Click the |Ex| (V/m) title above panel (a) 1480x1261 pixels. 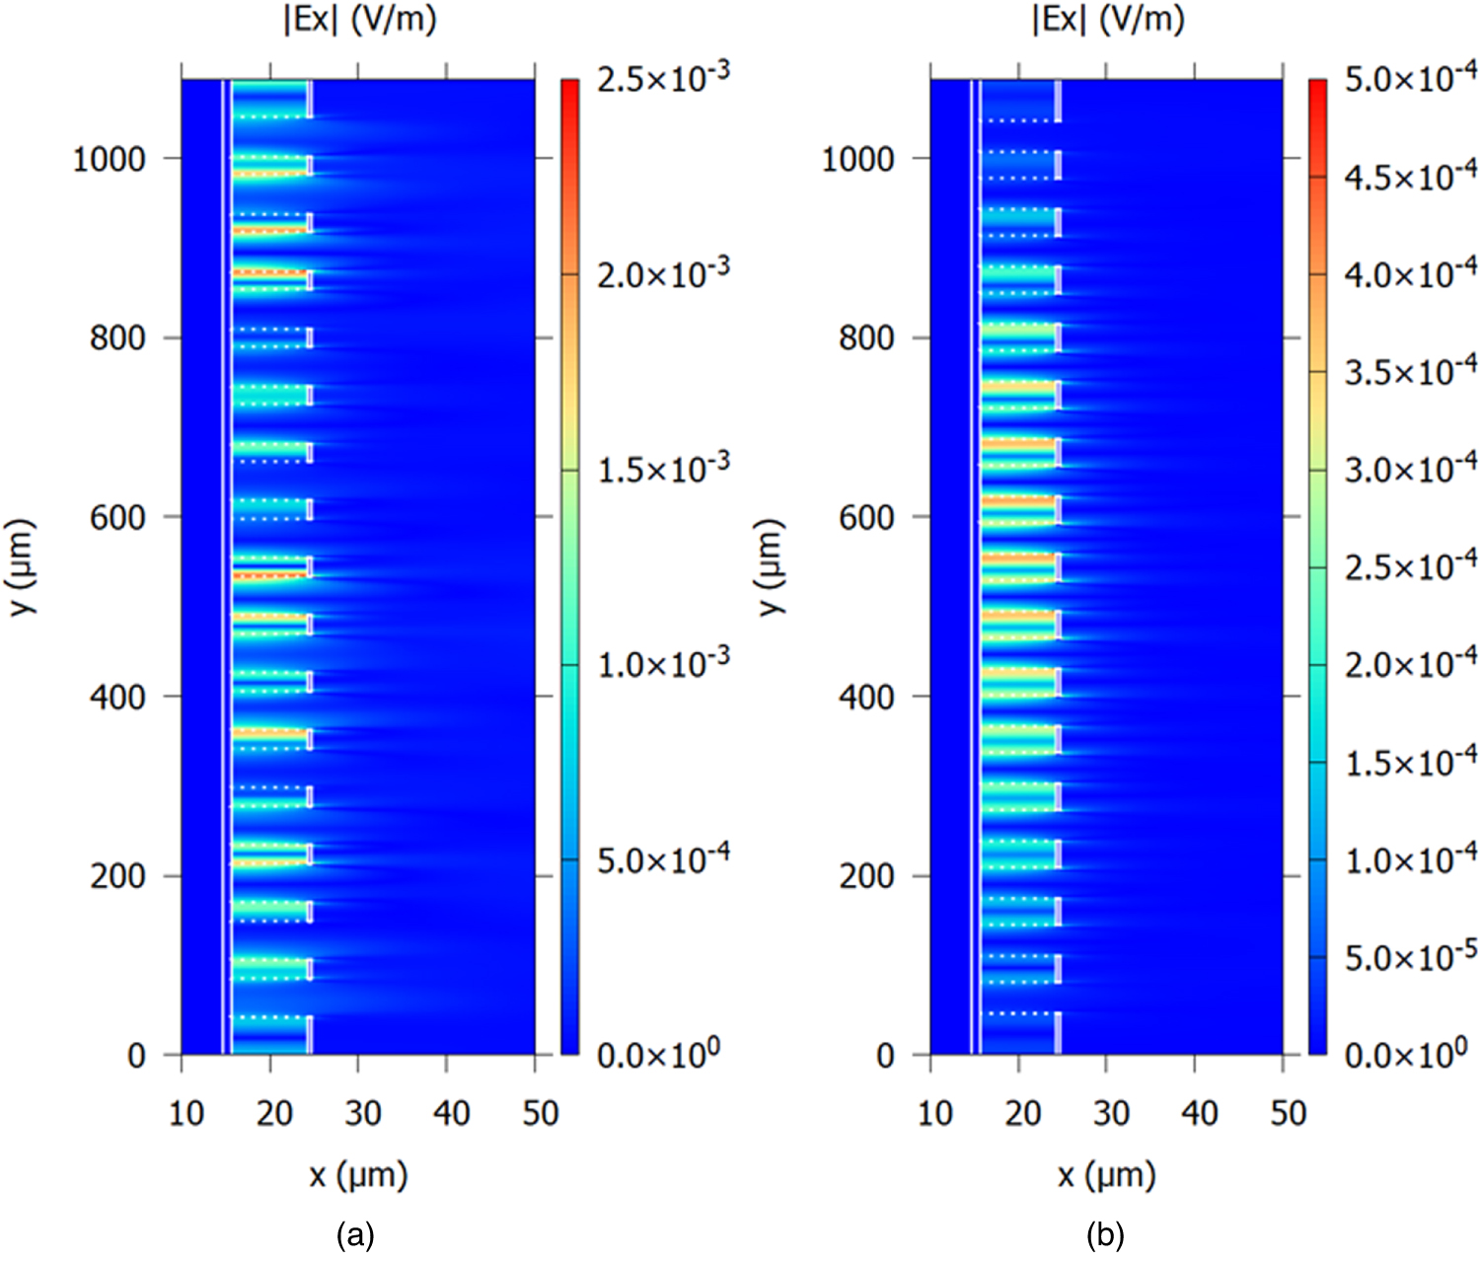pos(359,20)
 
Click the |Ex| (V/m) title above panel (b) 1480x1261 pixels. pos(1108,20)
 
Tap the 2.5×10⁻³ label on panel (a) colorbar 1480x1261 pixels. pos(662,78)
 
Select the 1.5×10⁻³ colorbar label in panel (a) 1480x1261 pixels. pos(662,469)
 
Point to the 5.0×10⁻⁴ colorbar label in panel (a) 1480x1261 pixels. pos(662,859)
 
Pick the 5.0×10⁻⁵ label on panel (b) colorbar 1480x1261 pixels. pos(1410,957)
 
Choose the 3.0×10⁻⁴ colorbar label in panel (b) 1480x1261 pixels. pos(1410,469)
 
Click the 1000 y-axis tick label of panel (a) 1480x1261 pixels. pos(109,159)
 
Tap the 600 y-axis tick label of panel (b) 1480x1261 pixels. pos(865,517)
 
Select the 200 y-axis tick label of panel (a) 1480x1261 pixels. pos(117,876)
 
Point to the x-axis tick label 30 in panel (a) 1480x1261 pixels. pos(362,1114)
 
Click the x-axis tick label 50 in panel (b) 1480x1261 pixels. pos(1288,1114)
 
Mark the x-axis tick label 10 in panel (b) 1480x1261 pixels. pos(934,1114)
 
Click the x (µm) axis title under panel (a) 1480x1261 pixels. pos(358,1176)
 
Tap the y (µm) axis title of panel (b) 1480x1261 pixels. pos(771,566)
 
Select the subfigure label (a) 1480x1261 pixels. pos(355,1235)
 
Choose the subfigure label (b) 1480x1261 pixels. pos(1104,1235)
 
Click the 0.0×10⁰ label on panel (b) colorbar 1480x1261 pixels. pos(1405,1055)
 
